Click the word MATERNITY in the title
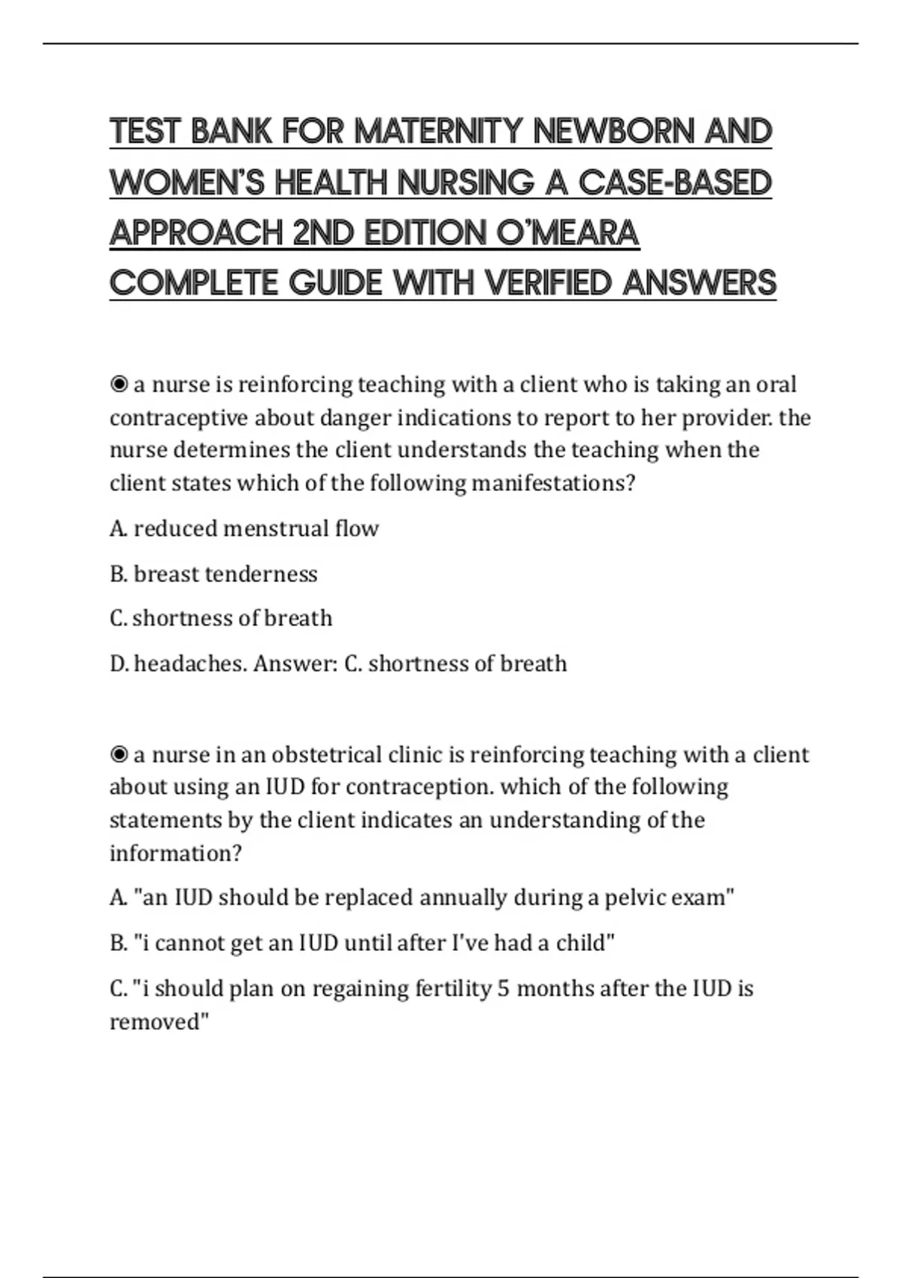[x=439, y=131]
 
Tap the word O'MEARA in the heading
[x=568, y=233]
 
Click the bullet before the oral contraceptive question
[x=119, y=385]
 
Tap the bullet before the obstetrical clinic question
[x=119, y=754]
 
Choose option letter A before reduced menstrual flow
[x=117, y=528]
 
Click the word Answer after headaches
[x=294, y=664]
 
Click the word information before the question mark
[x=171, y=853]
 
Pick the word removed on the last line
[x=156, y=1022]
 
